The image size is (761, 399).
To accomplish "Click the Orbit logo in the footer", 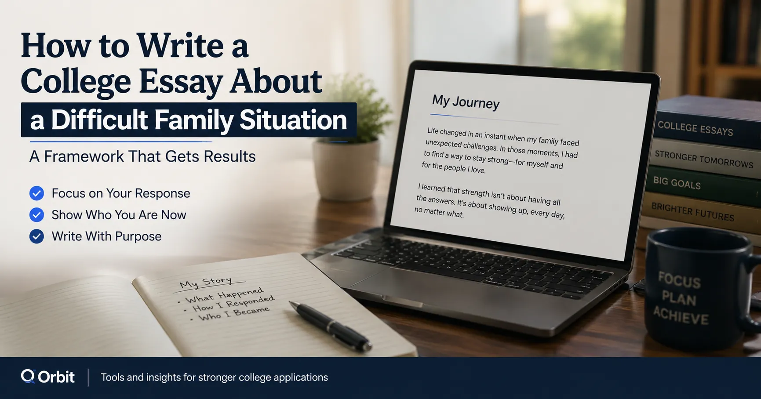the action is click(x=47, y=377).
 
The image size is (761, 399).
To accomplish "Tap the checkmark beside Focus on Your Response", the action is click(x=36, y=193).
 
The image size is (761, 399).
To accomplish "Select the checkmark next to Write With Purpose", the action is click(x=36, y=236).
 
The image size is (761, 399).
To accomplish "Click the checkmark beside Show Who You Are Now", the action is click(x=36, y=215).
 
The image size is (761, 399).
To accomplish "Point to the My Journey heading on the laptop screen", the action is click(x=466, y=102).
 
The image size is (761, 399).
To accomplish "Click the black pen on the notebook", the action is click(x=330, y=326).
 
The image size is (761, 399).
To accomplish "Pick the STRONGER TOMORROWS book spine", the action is click(x=703, y=159).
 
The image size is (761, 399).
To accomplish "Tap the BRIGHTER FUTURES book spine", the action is click(x=699, y=213).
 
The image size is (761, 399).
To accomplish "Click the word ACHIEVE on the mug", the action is click(x=681, y=316).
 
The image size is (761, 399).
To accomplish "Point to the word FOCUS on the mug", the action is click(x=679, y=280).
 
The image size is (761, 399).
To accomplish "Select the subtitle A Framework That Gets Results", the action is click(x=142, y=156).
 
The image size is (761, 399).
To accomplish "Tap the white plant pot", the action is click(x=346, y=169).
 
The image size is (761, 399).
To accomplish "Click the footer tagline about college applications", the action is click(x=215, y=377).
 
